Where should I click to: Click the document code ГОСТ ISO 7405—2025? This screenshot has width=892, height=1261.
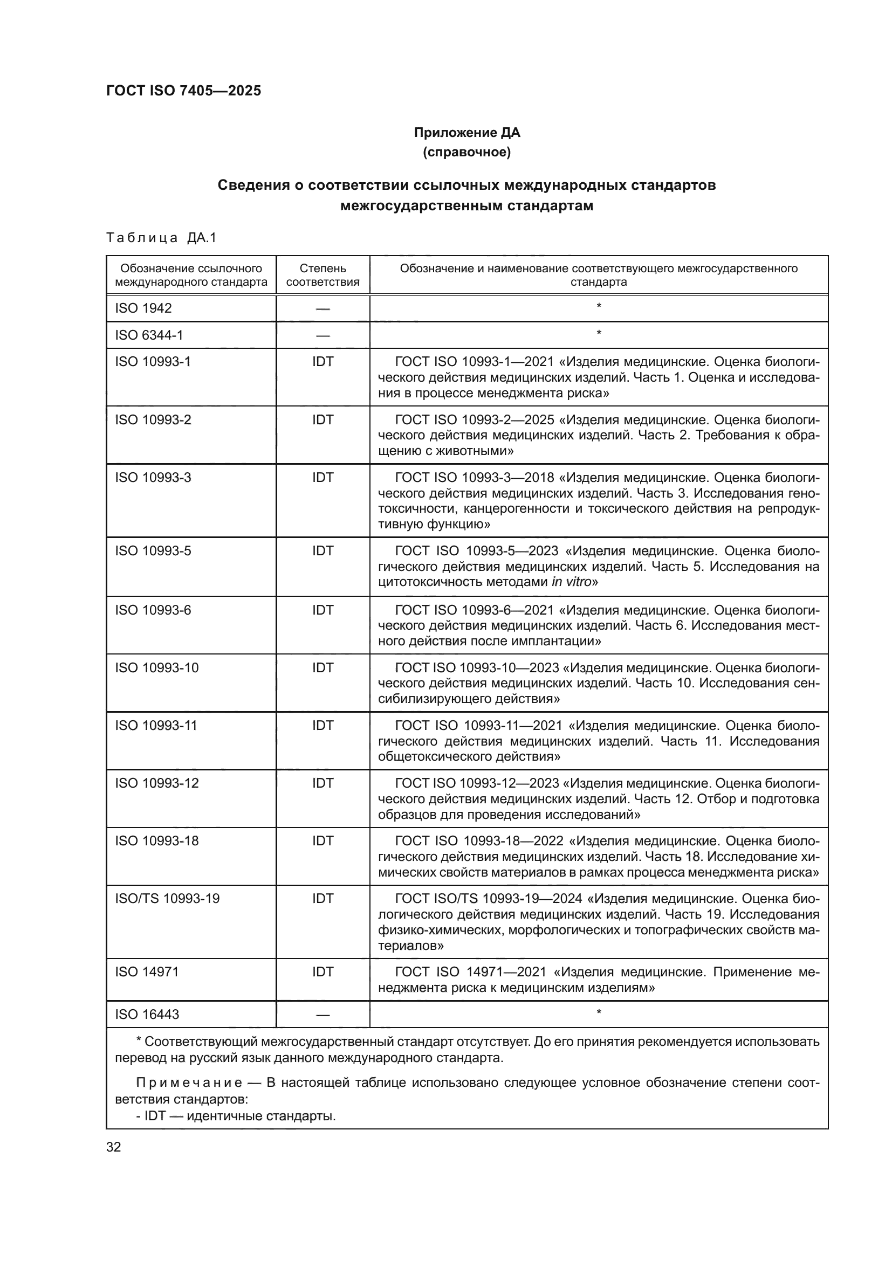[x=183, y=91]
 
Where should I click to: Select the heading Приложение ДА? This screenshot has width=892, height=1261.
[x=466, y=133]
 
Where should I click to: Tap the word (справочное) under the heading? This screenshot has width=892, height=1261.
[x=466, y=152]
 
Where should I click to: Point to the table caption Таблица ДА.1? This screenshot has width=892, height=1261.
[x=161, y=238]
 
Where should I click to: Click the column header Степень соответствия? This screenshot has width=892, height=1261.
[x=323, y=275]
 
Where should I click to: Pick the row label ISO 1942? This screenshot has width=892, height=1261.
[x=143, y=308]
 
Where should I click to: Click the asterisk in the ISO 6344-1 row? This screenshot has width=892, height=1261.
[x=598, y=333]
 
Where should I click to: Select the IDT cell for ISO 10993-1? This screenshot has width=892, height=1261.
[x=323, y=362]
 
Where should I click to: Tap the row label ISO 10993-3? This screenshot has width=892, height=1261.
[x=153, y=478]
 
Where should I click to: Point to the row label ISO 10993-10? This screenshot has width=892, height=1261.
[x=156, y=668]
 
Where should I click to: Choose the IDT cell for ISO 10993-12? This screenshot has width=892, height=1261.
[x=323, y=783]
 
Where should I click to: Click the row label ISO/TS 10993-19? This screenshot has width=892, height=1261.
[x=167, y=899]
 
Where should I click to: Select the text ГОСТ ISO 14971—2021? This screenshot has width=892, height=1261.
[x=470, y=972]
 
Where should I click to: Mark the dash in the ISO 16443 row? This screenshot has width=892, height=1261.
[x=323, y=1015]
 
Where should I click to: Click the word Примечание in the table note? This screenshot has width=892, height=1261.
[x=189, y=1083]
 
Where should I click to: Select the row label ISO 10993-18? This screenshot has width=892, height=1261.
[x=156, y=841]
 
